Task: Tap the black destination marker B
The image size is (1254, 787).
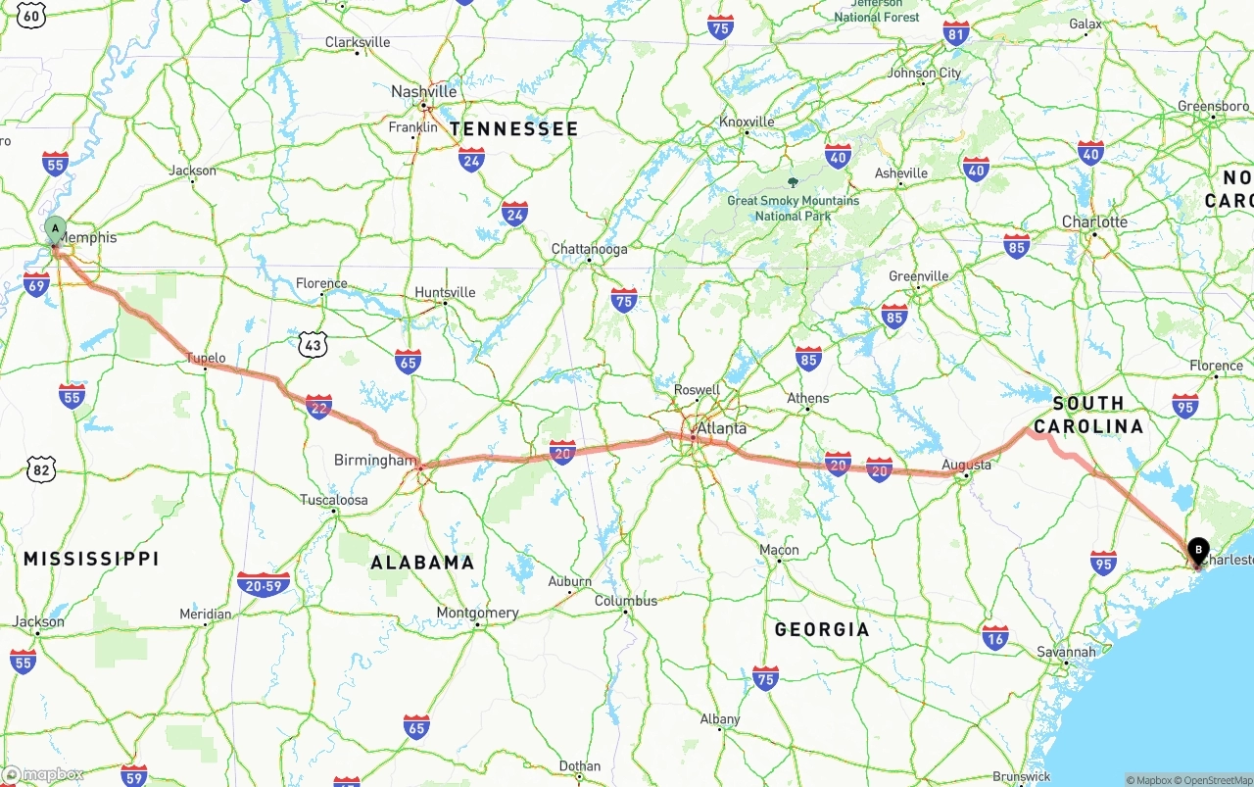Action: (1198, 552)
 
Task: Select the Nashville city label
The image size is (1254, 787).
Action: (424, 91)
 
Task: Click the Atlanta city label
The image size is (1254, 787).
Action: (721, 428)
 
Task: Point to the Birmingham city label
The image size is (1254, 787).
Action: (375, 460)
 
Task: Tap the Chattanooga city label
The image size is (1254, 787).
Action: (589, 249)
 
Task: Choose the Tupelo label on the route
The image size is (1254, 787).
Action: (206, 358)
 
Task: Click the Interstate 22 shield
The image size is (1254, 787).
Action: (318, 407)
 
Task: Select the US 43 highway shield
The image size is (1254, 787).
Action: (313, 345)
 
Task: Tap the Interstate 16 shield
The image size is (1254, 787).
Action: (995, 637)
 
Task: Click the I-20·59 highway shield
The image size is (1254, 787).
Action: (264, 584)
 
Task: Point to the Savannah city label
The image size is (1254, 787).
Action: (1067, 652)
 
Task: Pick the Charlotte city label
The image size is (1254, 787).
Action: (1094, 221)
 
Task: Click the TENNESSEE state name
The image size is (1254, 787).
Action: (514, 128)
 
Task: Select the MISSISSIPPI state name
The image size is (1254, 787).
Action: (91, 559)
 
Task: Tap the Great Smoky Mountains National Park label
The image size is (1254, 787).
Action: (794, 207)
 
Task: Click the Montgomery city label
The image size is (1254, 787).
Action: (477, 613)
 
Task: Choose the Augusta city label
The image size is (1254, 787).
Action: (966, 465)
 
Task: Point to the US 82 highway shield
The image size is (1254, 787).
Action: (41, 470)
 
